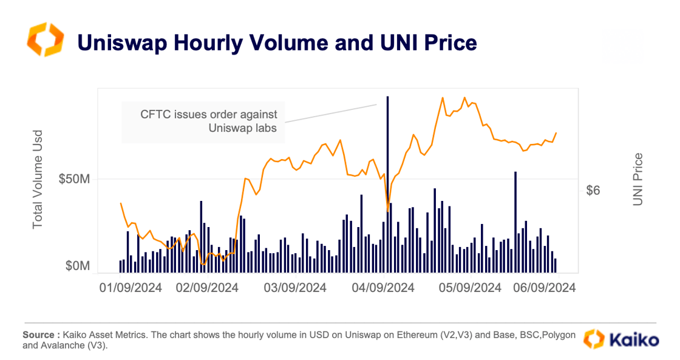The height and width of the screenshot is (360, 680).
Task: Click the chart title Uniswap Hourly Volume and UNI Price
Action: click(276, 42)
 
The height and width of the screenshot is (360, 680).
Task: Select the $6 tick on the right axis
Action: click(593, 191)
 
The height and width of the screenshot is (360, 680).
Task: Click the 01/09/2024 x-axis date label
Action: click(131, 288)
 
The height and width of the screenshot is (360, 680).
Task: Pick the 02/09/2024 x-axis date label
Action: click(207, 288)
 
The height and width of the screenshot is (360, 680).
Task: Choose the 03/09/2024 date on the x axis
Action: click(294, 288)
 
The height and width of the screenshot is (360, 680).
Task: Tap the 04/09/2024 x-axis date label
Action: click(382, 288)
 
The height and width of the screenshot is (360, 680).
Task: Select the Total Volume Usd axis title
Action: click(38, 179)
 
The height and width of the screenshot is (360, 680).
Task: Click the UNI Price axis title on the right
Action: click(637, 179)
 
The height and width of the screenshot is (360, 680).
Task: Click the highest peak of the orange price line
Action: click(464, 98)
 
